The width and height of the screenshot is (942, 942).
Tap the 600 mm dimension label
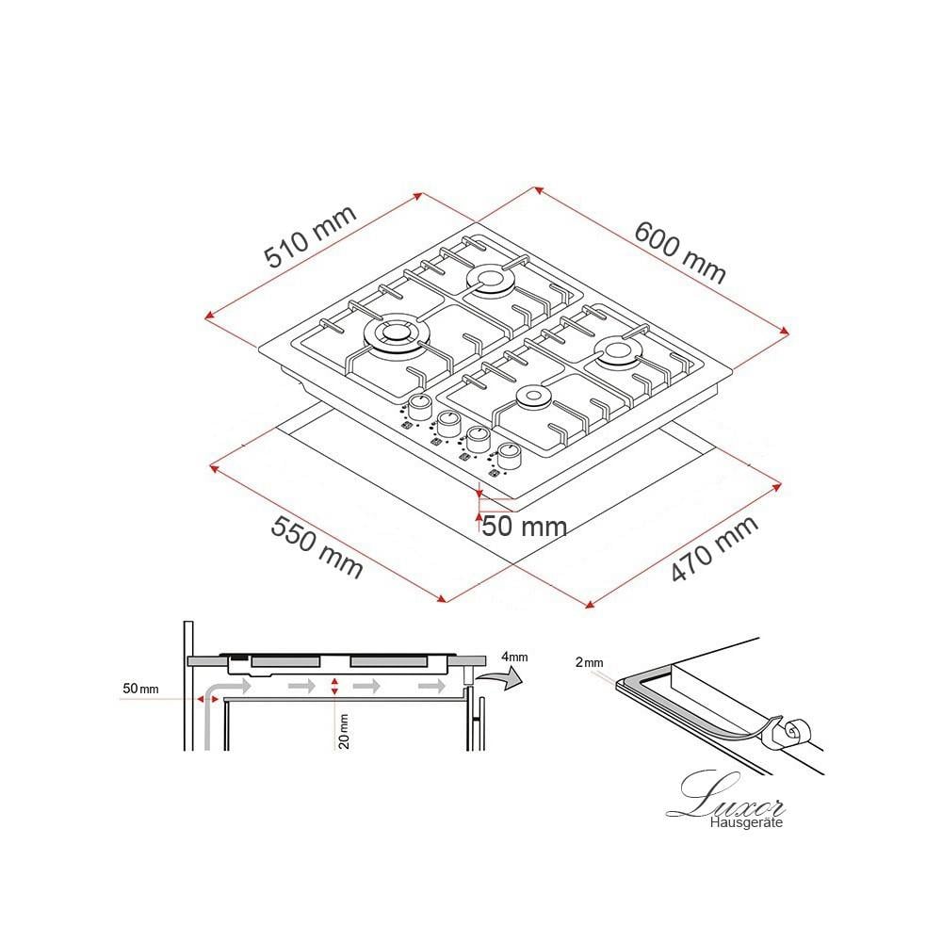pyautogui.click(x=680, y=252)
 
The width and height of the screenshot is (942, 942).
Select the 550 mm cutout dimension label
pyautogui.click(x=317, y=546)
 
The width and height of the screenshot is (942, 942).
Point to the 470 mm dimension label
pyautogui.click(x=714, y=549)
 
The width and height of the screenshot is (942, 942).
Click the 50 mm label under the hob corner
pyautogui.click(x=524, y=527)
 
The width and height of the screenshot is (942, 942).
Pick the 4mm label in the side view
pyautogui.click(x=515, y=658)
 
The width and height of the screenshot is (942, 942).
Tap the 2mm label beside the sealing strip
pyautogui.click(x=589, y=662)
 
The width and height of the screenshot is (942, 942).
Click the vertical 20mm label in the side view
pyautogui.click(x=344, y=731)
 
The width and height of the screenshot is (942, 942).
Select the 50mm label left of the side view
pyautogui.click(x=140, y=689)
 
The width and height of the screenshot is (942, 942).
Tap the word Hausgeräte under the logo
pyautogui.click(x=746, y=822)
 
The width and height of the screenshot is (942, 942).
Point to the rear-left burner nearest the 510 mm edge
pyautogui.click(x=489, y=281)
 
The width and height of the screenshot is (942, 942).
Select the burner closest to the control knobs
pyautogui.click(x=532, y=398)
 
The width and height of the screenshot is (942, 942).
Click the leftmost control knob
pyautogui.click(x=419, y=407)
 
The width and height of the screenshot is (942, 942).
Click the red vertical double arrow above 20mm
pyautogui.click(x=334, y=686)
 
